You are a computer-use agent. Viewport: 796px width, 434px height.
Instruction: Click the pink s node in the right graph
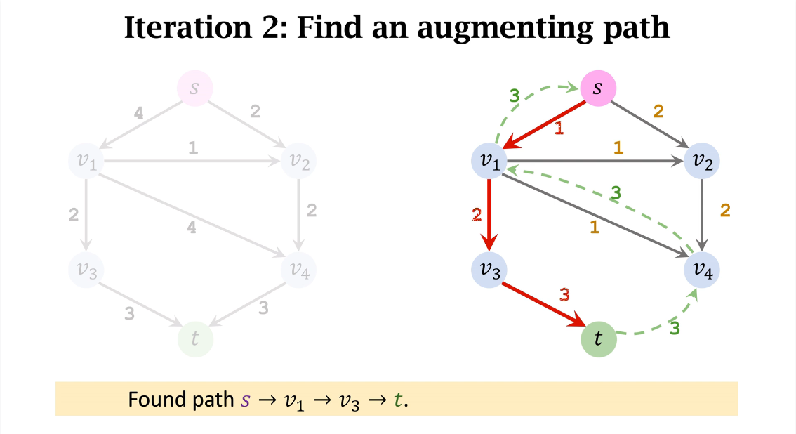coord(597,89)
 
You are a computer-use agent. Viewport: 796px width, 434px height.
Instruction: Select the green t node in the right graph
coord(598,339)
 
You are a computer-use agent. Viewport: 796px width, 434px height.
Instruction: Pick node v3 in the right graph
coord(489,269)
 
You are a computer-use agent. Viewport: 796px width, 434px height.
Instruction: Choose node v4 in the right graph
coord(702,270)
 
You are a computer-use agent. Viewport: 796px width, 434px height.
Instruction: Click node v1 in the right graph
coord(489,161)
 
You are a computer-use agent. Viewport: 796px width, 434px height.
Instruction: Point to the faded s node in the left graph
coord(194,89)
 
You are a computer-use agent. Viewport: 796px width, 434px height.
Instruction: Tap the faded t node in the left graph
coord(194,339)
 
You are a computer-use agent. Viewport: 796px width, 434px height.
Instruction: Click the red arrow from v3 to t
coord(542,304)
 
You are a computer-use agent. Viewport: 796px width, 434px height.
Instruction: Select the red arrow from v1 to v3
coord(489,214)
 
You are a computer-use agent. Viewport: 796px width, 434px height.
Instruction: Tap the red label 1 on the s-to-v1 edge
coord(559,129)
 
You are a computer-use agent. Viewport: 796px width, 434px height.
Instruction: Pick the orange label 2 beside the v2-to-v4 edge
coord(726,210)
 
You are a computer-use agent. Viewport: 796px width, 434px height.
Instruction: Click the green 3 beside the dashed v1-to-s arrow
coord(514,95)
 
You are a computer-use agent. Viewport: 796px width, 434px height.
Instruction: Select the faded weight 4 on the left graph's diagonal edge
coord(192,227)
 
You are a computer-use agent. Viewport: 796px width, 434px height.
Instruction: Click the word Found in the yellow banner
coord(151,400)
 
